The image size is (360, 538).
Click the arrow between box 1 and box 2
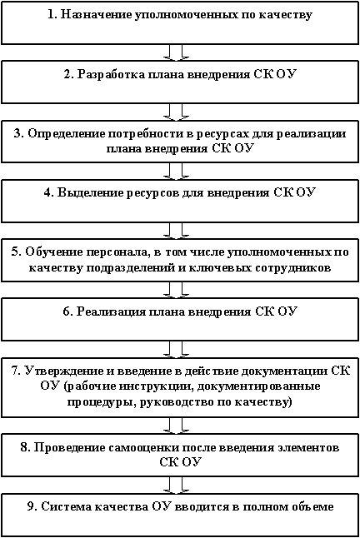[176, 52]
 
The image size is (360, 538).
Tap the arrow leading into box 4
[176, 172]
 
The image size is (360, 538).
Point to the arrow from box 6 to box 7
[176, 350]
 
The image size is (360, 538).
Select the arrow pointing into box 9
[176, 486]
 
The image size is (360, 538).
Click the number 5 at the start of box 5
[15, 252]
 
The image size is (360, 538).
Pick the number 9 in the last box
[32, 507]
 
